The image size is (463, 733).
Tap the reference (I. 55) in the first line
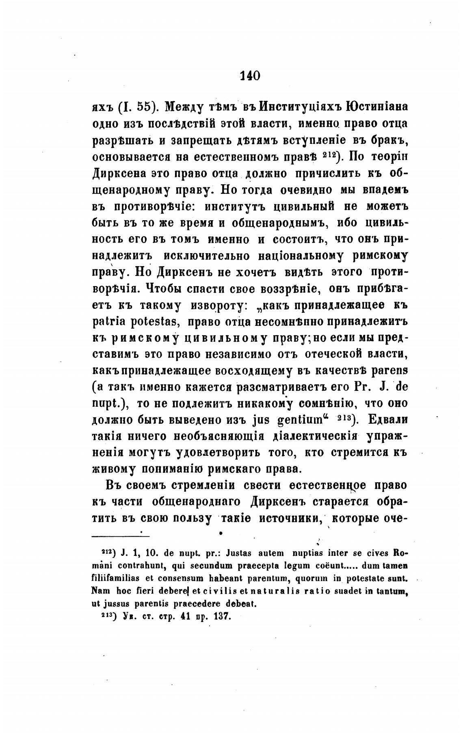click(x=137, y=107)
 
